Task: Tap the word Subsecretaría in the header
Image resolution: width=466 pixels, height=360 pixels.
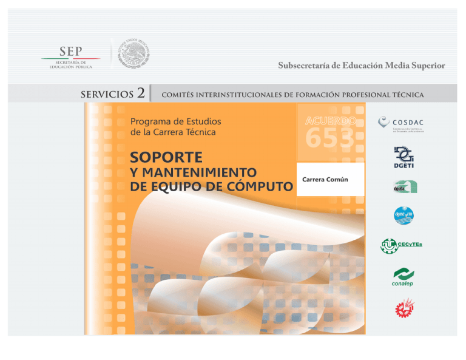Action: tap(305, 66)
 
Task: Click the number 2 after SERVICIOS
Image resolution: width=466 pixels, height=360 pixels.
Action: tap(141, 93)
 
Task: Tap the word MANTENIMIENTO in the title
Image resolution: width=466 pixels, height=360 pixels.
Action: tap(201, 172)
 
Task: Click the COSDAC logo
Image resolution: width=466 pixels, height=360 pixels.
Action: tap(400, 123)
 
